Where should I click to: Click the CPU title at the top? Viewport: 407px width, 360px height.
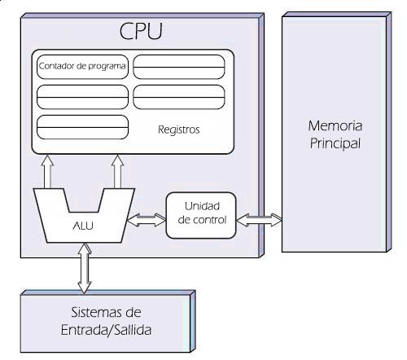coord(140,32)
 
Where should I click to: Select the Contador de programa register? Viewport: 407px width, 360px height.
coord(83,66)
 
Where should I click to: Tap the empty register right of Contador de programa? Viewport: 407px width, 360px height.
coord(178,66)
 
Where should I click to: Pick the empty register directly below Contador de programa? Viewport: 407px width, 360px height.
coord(83,97)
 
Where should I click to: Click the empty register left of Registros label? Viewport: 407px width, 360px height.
coord(83,129)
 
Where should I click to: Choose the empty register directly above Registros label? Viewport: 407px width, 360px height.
coord(178,97)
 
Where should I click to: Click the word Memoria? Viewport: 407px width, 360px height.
coord(334,126)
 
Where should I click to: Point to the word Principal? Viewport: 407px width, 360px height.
coord(334,143)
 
